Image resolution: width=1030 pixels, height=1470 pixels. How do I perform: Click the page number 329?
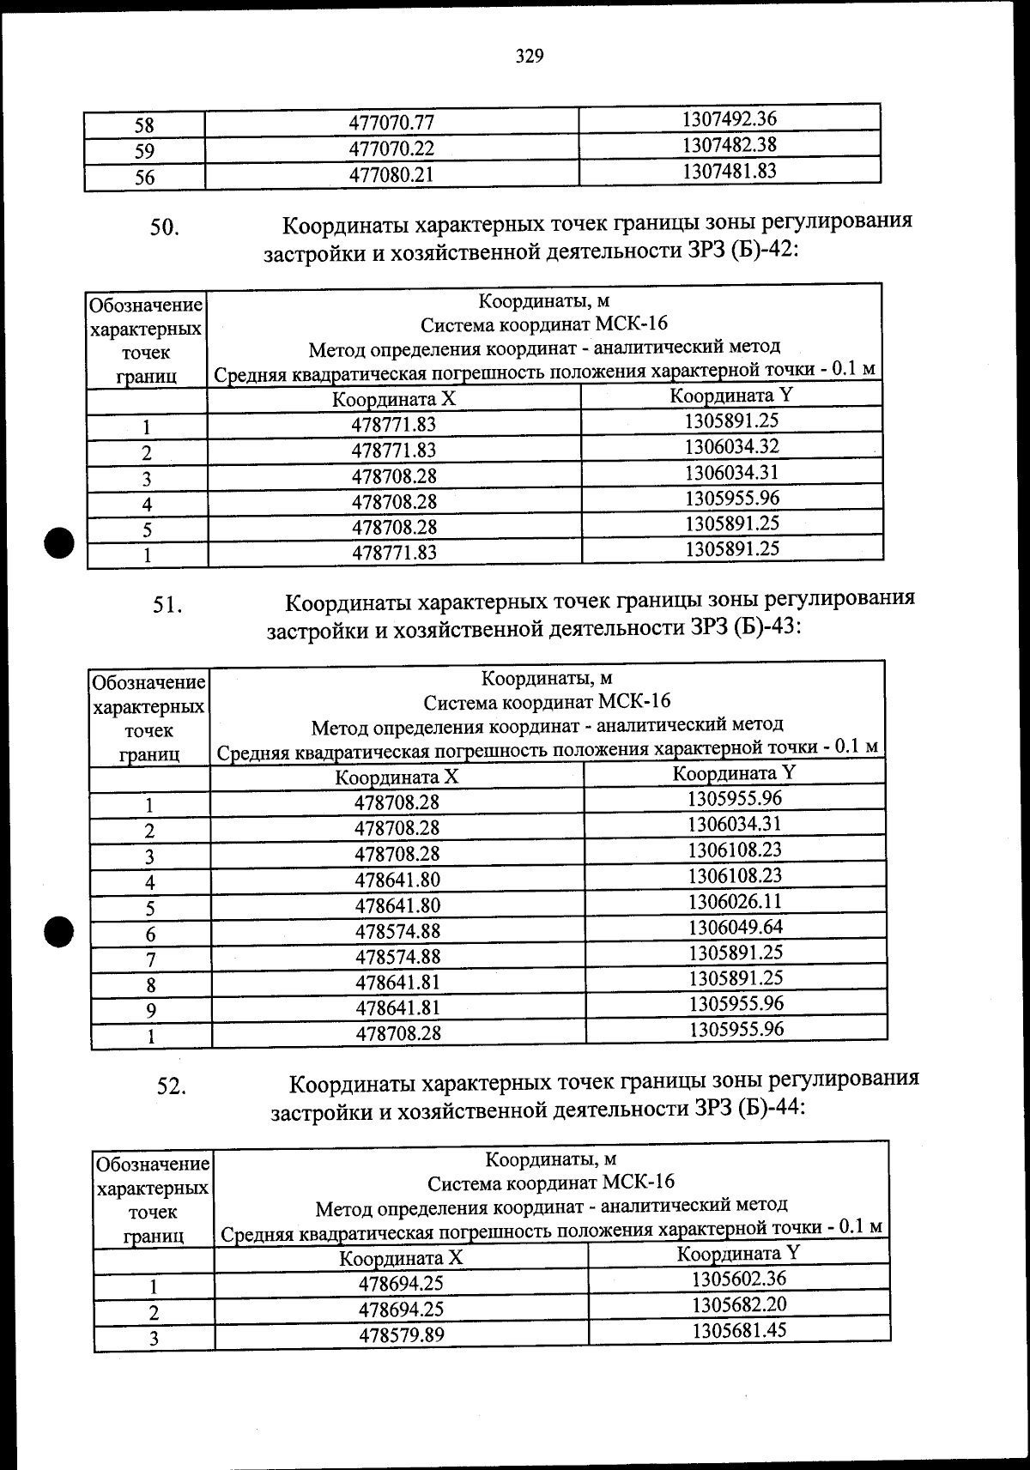[530, 57]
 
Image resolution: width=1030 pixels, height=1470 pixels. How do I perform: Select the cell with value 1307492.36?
[729, 118]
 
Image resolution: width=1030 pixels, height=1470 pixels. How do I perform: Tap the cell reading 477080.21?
[391, 176]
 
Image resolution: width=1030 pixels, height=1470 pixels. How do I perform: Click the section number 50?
[165, 228]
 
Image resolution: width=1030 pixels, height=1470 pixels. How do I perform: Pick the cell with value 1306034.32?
[731, 446]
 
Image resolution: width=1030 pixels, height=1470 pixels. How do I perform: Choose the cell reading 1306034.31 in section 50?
[731, 472]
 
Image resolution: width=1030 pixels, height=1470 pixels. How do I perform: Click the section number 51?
[167, 605]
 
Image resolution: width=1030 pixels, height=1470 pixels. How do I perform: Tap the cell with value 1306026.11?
[735, 901]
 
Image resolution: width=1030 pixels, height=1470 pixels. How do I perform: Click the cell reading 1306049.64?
[735, 927]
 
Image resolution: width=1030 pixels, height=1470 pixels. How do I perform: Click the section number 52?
[171, 1086]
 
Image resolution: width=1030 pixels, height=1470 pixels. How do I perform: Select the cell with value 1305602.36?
[738, 1279]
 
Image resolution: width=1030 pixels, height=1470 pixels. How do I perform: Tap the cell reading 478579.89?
[401, 1335]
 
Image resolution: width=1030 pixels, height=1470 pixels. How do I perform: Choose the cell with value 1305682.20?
[738, 1304]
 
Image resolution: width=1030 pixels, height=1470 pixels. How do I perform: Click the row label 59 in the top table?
[144, 151]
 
